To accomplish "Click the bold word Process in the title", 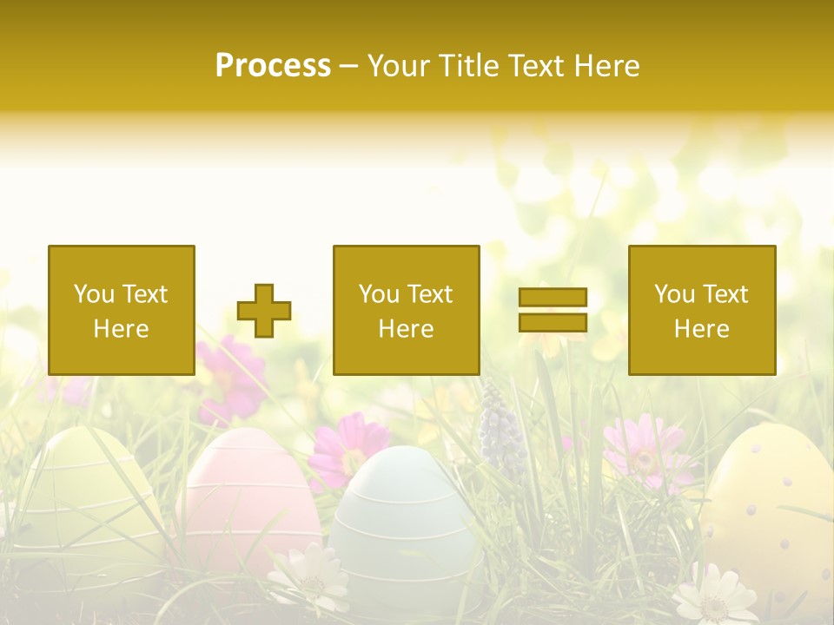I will click(x=273, y=66).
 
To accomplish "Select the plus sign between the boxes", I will click(x=264, y=311).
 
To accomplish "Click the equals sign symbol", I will click(x=553, y=310).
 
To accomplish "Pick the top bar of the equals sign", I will click(x=553, y=298).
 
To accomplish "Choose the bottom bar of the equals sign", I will click(x=553, y=322).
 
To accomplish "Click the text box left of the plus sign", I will click(x=122, y=311).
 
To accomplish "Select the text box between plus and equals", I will click(x=406, y=311).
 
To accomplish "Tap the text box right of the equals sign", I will click(x=702, y=311).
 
